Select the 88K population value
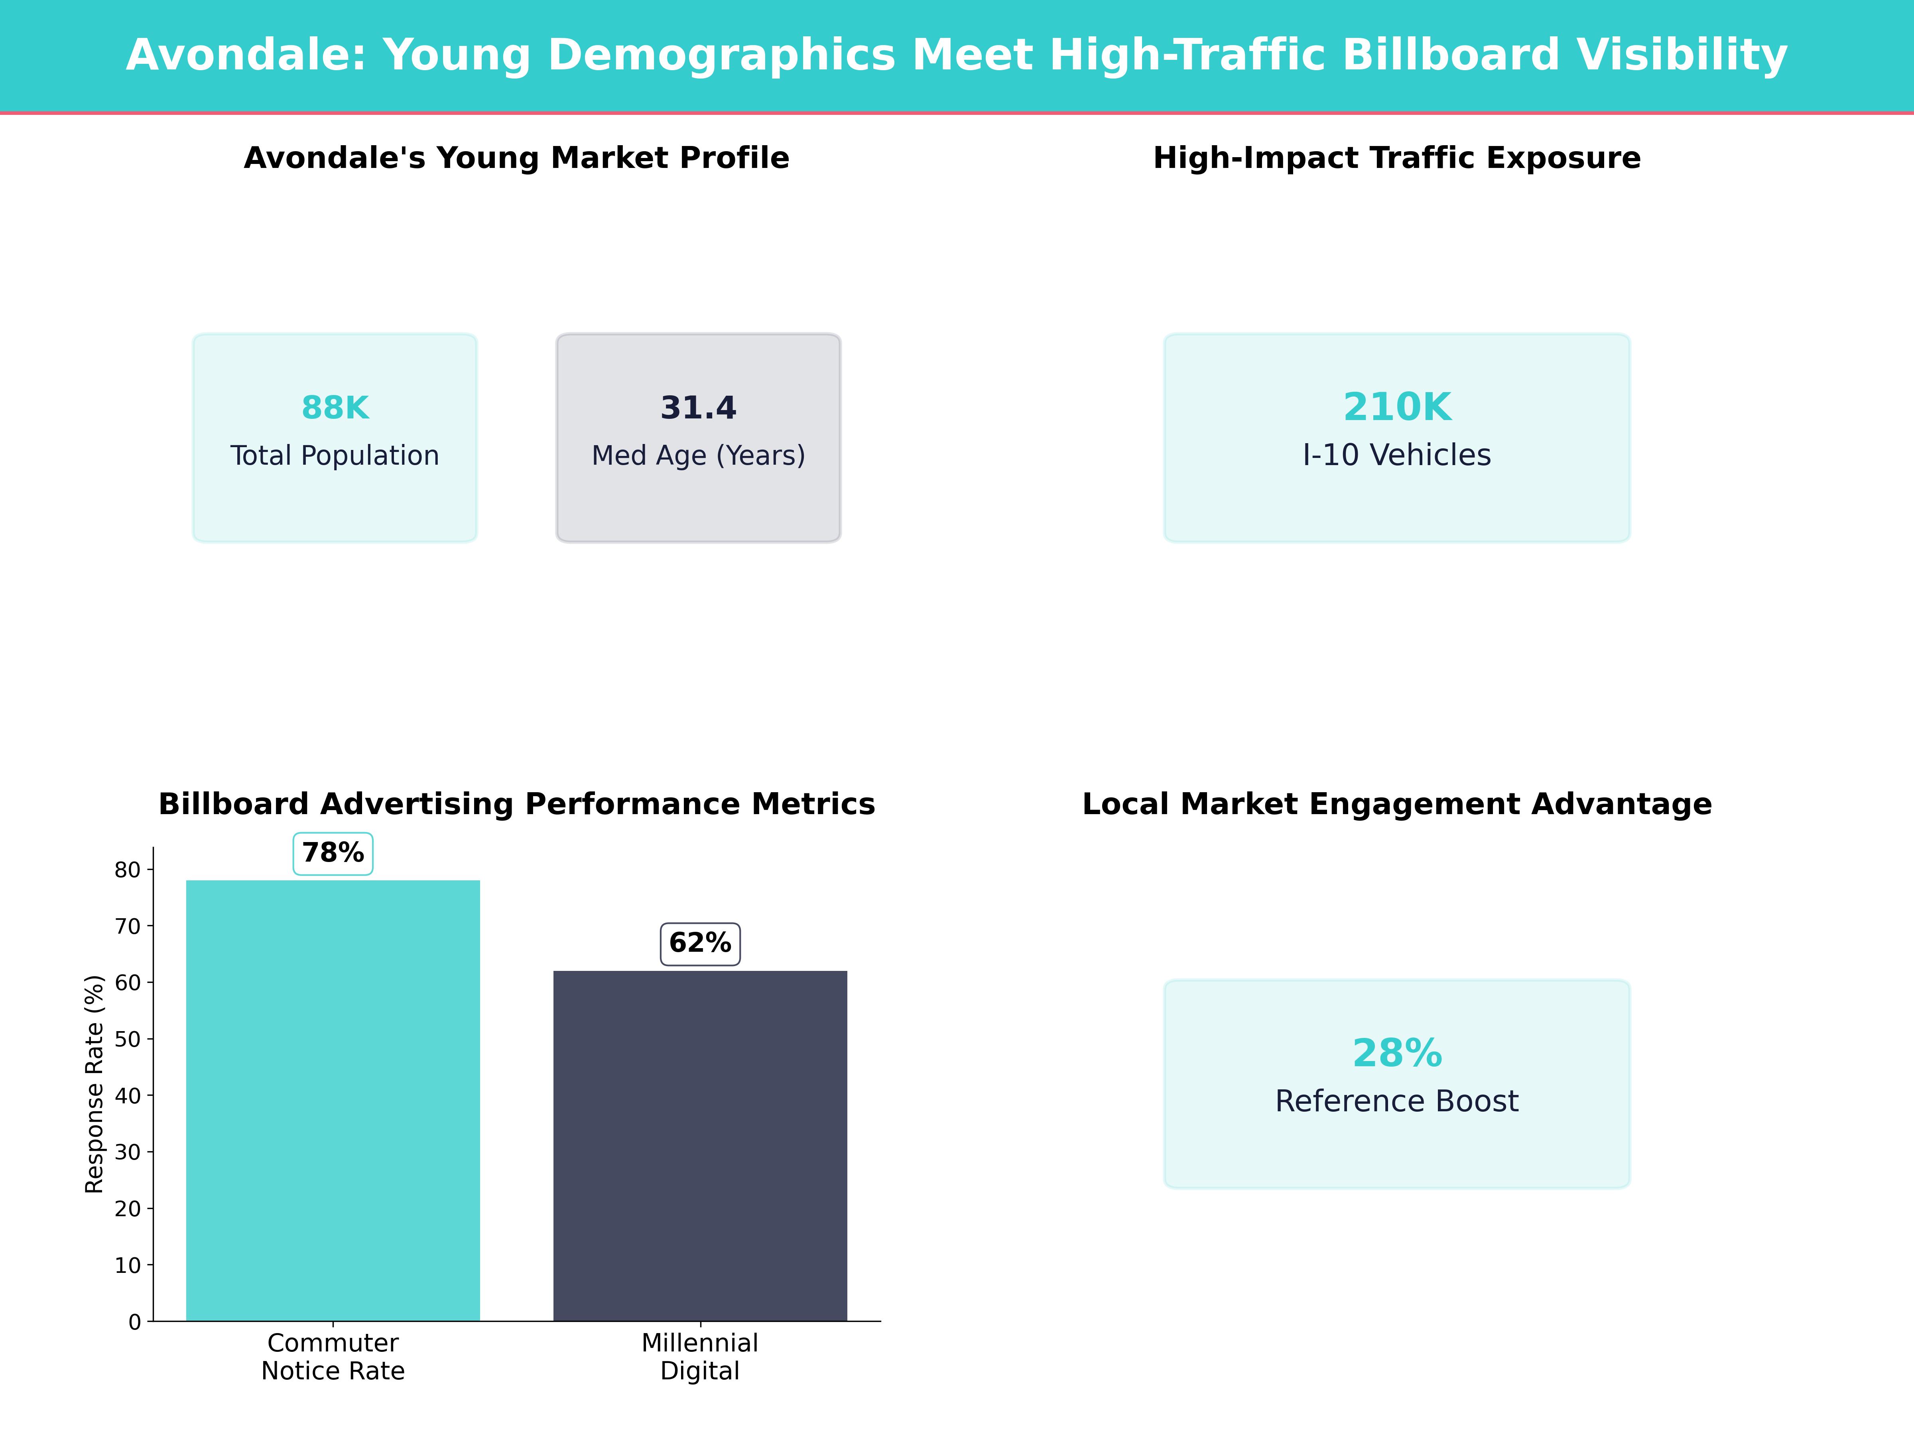[x=335, y=408]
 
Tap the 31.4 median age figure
[x=698, y=408]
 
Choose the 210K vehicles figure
[x=1396, y=407]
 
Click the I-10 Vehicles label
[x=1396, y=455]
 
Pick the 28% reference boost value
[x=1396, y=1053]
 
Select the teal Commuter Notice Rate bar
[x=333, y=1099]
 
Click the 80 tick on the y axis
[x=128, y=870]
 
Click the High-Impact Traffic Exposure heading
[x=1396, y=158]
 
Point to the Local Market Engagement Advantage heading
[x=1396, y=804]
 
